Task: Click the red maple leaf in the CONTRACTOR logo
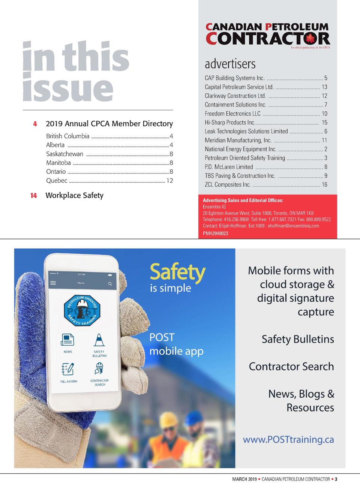(x=310, y=38)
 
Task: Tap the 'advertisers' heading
(x=230, y=64)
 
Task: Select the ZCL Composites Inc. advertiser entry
(x=228, y=184)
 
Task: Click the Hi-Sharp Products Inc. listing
(x=229, y=122)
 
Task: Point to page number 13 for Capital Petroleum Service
(x=324, y=87)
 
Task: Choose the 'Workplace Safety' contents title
(x=74, y=195)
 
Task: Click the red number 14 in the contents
(x=34, y=196)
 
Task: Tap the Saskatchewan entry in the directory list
(x=64, y=154)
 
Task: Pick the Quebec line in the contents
(x=57, y=181)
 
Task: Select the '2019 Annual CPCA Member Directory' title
(x=109, y=124)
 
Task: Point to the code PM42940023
(x=215, y=233)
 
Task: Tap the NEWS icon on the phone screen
(x=67, y=340)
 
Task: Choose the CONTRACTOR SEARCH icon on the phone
(x=99, y=370)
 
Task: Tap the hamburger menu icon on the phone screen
(x=53, y=283)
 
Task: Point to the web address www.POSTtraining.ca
(x=288, y=439)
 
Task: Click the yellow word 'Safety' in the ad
(x=177, y=272)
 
